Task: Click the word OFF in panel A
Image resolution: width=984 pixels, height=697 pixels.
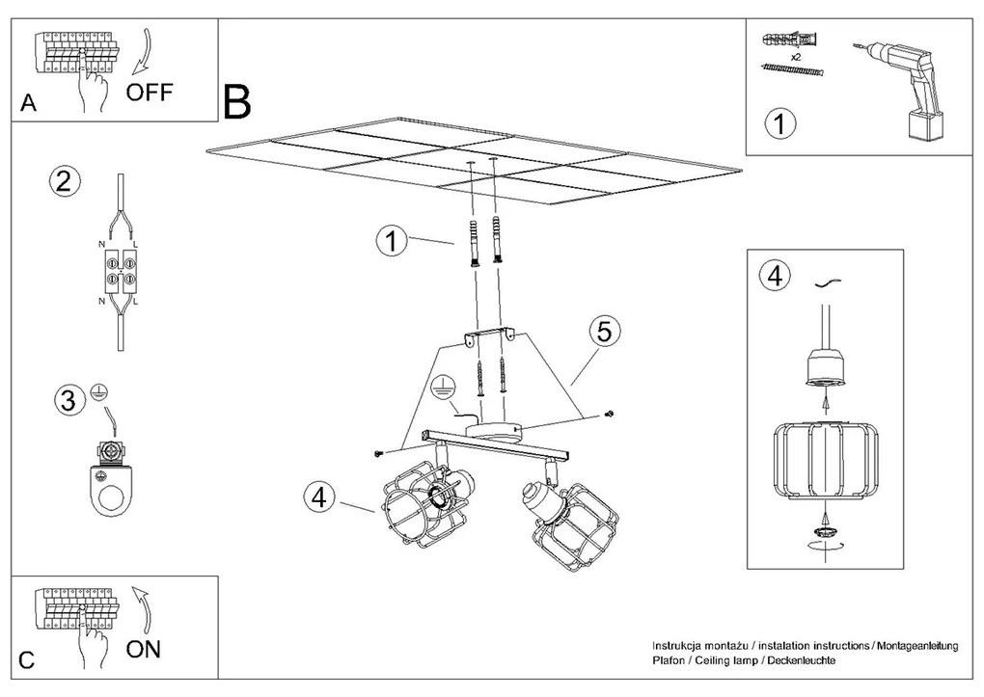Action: tap(150, 94)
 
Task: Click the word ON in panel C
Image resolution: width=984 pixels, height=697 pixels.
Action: tap(145, 649)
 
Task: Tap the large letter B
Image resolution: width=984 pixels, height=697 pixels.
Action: tap(236, 102)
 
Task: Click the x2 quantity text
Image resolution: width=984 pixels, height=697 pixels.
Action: tap(796, 57)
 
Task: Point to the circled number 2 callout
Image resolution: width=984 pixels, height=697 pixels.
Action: tap(63, 182)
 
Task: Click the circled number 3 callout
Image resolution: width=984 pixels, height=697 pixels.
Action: tap(66, 401)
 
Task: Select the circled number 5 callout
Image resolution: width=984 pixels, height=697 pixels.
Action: tap(603, 333)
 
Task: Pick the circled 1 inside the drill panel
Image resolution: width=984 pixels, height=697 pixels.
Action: tap(780, 124)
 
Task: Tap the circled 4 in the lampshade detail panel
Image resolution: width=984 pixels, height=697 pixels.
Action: tap(773, 276)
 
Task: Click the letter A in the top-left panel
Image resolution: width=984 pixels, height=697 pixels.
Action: tap(28, 104)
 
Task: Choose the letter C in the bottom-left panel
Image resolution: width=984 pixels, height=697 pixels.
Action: tap(27, 661)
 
